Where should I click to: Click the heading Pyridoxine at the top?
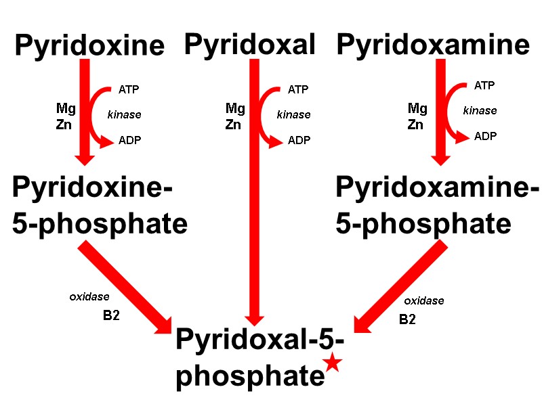[x=89, y=46]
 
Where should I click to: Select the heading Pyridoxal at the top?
[x=250, y=45]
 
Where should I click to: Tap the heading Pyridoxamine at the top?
[x=433, y=45]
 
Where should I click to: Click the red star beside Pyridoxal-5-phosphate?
[x=332, y=363]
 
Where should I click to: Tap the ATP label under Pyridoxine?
[x=129, y=89]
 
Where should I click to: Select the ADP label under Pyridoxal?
[x=299, y=140]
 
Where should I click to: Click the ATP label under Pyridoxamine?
[x=484, y=85]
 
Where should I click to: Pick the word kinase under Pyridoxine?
[x=124, y=114]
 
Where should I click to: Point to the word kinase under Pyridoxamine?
[x=480, y=110]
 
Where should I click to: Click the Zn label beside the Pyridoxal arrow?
[x=234, y=125]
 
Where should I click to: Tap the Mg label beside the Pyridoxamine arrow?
[x=417, y=108]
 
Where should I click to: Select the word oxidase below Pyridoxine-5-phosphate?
[x=89, y=296]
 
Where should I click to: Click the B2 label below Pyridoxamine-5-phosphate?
[x=407, y=319]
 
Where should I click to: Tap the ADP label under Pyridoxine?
[x=129, y=140]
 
